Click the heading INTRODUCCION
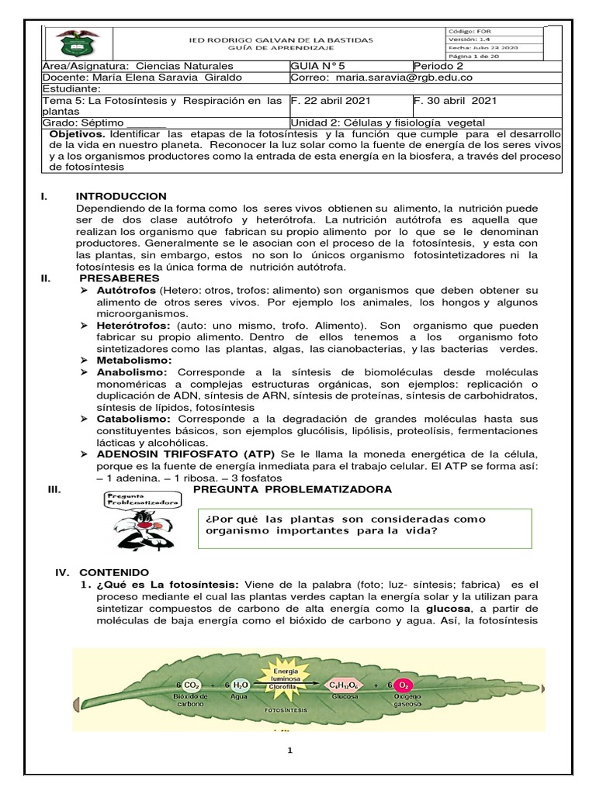click(121, 196)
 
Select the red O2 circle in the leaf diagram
click(402, 685)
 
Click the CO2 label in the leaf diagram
click(190, 685)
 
